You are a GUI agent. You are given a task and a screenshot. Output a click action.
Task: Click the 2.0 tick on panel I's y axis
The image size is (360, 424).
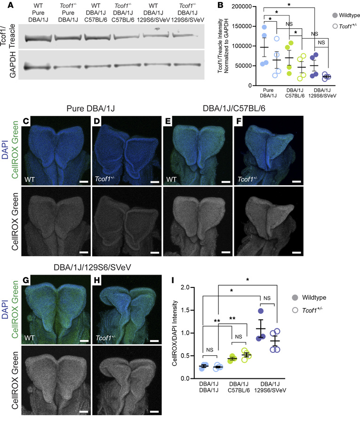tap(189, 287)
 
